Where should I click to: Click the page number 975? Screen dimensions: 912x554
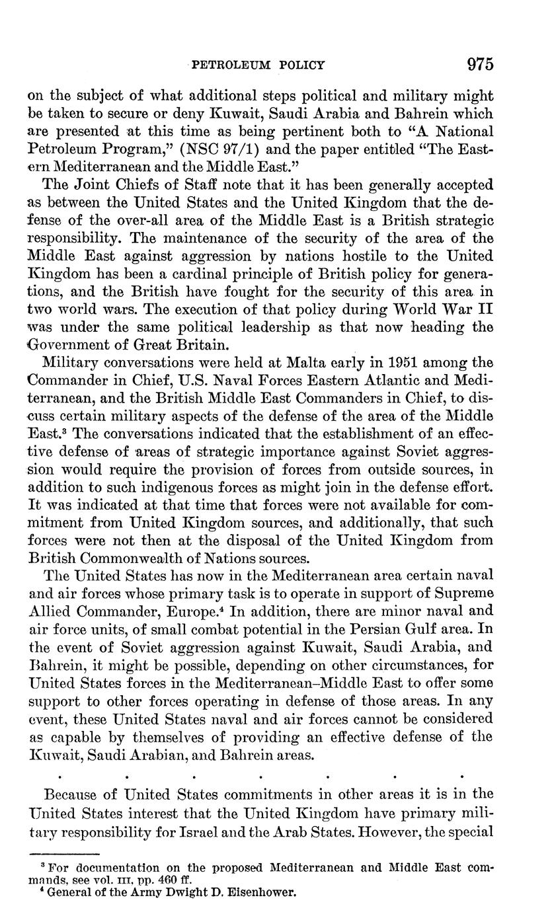click(x=481, y=64)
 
